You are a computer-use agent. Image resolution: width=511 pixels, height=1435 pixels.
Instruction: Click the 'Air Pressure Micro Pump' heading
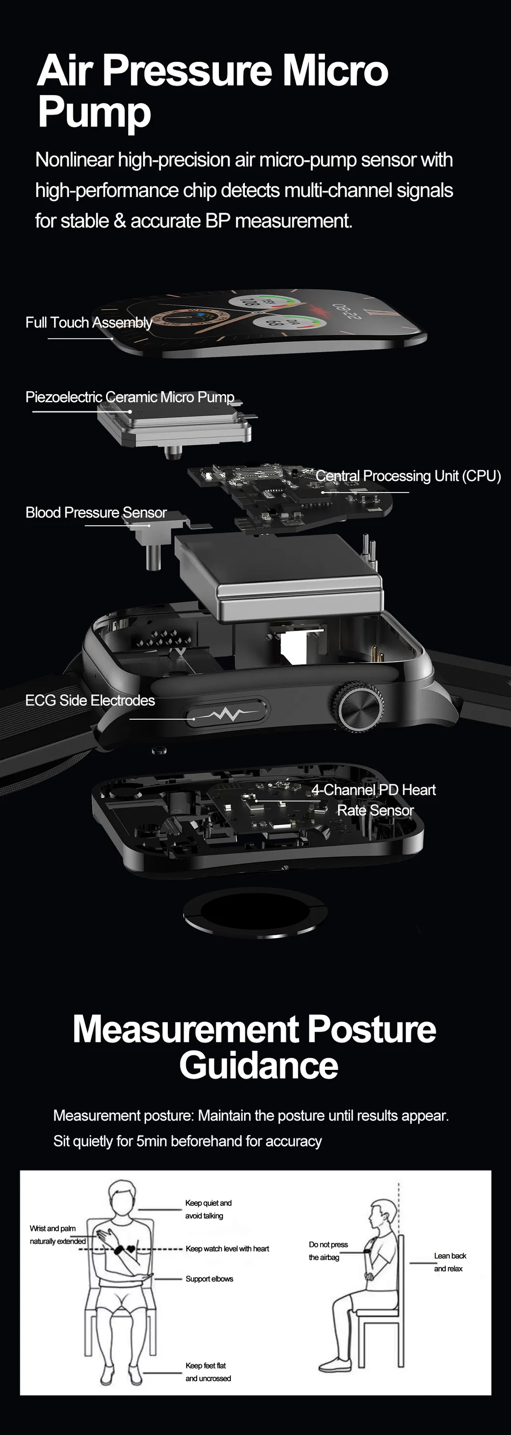(x=213, y=91)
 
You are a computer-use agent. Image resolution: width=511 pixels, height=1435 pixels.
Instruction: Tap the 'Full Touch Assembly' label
(x=89, y=323)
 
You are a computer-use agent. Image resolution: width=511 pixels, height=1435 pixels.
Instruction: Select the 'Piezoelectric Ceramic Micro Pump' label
(x=130, y=396)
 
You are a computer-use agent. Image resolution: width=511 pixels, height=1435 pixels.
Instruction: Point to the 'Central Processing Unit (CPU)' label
(x=408, y=476)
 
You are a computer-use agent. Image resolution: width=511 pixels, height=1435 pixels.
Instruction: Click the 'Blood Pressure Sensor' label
(x=96, y=512)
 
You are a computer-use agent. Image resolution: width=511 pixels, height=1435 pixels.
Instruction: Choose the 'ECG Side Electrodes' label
(x=90, y=700)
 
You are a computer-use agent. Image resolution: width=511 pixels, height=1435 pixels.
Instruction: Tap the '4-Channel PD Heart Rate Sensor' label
(x=374, y=800)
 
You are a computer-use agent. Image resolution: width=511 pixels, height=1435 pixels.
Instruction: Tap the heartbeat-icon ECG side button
(x=226, y=713)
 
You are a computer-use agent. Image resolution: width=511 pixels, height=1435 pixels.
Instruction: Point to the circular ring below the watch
(x=255, y=914)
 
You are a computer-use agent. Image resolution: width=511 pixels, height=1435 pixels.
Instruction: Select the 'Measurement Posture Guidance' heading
(x=255, y=1047)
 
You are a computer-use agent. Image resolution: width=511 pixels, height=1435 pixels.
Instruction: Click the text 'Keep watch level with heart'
(x=227, y=1249)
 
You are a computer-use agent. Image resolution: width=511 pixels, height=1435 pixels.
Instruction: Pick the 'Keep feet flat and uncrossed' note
(x=208, y=1372)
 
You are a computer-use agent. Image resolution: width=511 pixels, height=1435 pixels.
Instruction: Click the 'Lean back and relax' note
(x=450, y=1262)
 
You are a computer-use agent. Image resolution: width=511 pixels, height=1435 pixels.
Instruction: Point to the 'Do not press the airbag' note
(x=328, y=1251)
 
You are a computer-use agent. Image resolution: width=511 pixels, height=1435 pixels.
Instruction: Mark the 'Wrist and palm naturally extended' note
(x=58, y=1234)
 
